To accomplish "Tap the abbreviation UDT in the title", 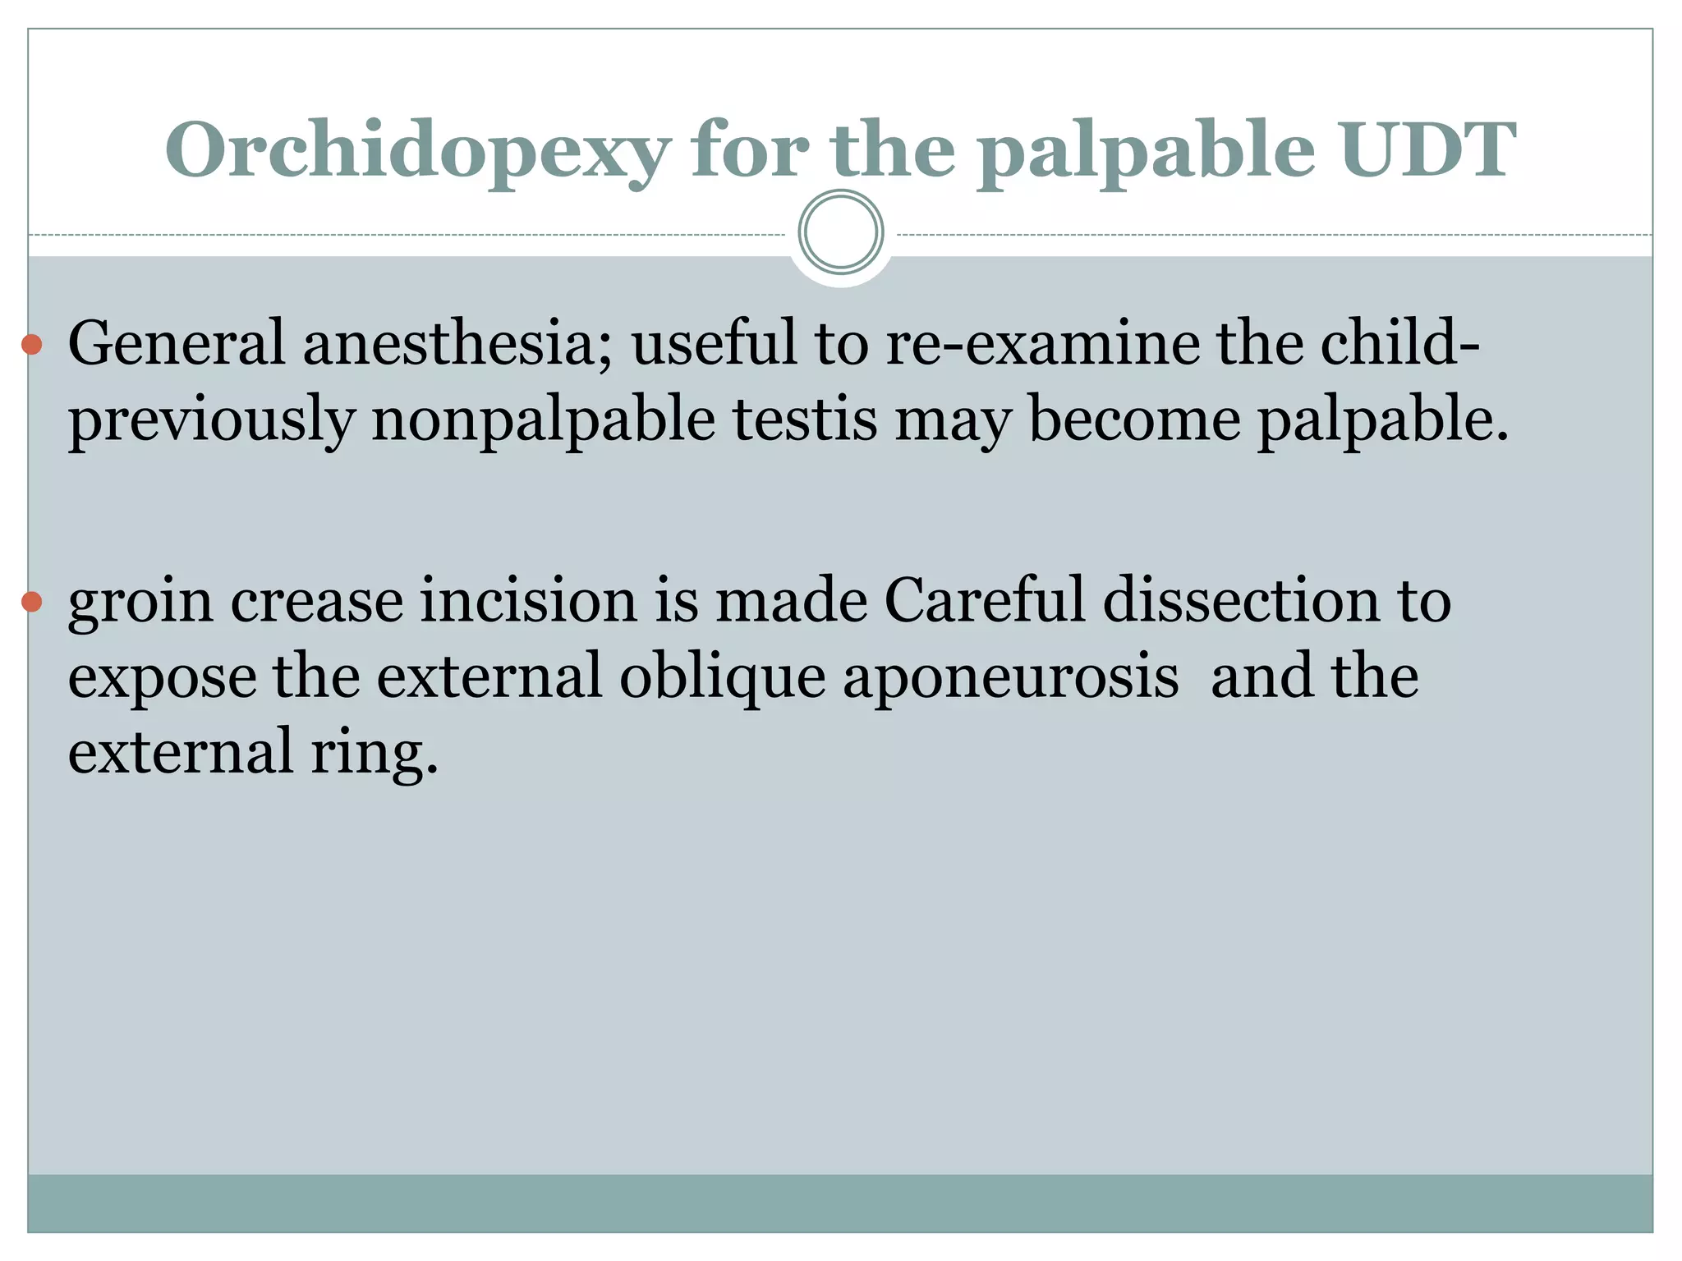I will point(1428,149).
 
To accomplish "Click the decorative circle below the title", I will point(841,232).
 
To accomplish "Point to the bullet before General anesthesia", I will point(32,344).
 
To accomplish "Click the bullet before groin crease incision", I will point(32,602).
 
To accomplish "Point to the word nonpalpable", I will point(543,419).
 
